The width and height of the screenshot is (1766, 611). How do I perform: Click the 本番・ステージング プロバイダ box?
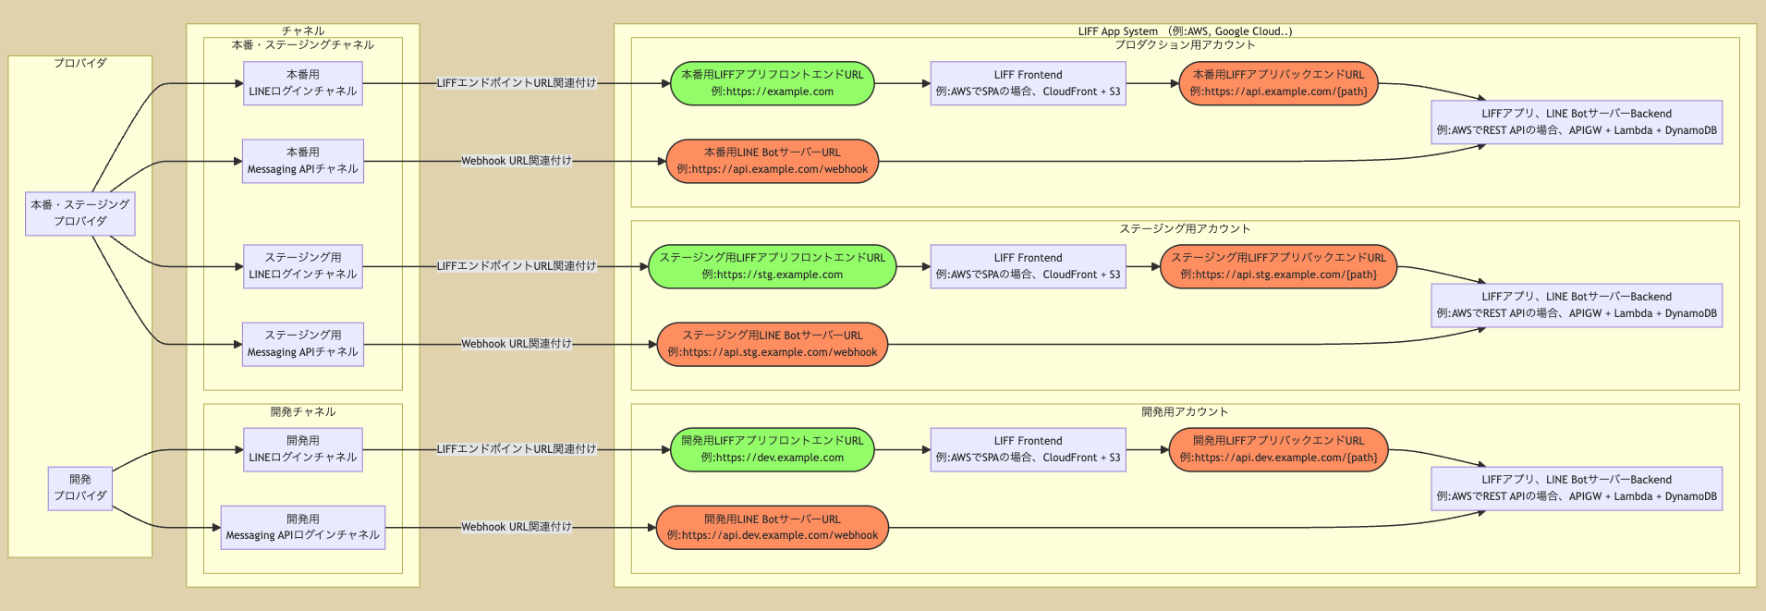point(79,214)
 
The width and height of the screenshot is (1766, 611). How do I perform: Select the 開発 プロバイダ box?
point(79,488)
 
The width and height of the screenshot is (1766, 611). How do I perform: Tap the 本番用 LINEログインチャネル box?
point(302,83)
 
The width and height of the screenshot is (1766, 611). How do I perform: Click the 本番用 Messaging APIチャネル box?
point(302,161)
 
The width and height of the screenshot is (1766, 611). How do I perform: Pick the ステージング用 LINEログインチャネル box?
point(302,266)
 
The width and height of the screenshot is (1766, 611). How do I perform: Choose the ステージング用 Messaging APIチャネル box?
point(302,344)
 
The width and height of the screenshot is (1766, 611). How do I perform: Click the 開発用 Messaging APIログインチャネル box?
point(302,527)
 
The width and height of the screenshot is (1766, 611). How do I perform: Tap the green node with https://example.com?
point(772,83)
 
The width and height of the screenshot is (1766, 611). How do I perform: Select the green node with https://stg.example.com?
point(772,266)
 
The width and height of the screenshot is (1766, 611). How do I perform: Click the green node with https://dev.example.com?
point(772,449)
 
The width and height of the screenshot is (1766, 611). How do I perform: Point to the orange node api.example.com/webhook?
point(772,161)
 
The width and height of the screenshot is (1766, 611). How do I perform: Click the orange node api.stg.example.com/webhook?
point(772,344)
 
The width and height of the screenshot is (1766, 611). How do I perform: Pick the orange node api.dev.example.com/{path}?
point(1278,449)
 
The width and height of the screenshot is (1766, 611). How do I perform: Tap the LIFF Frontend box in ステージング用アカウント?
point(1028,266)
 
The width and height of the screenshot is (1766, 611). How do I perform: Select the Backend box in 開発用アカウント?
point(1576,488)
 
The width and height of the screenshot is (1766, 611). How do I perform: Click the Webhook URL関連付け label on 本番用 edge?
point(516,161)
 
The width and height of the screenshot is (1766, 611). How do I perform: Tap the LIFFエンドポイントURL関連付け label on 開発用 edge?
point(516,449)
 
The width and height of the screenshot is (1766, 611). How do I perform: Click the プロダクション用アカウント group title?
point(1185,44)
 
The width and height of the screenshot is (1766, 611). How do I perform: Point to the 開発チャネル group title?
point(302,411)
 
